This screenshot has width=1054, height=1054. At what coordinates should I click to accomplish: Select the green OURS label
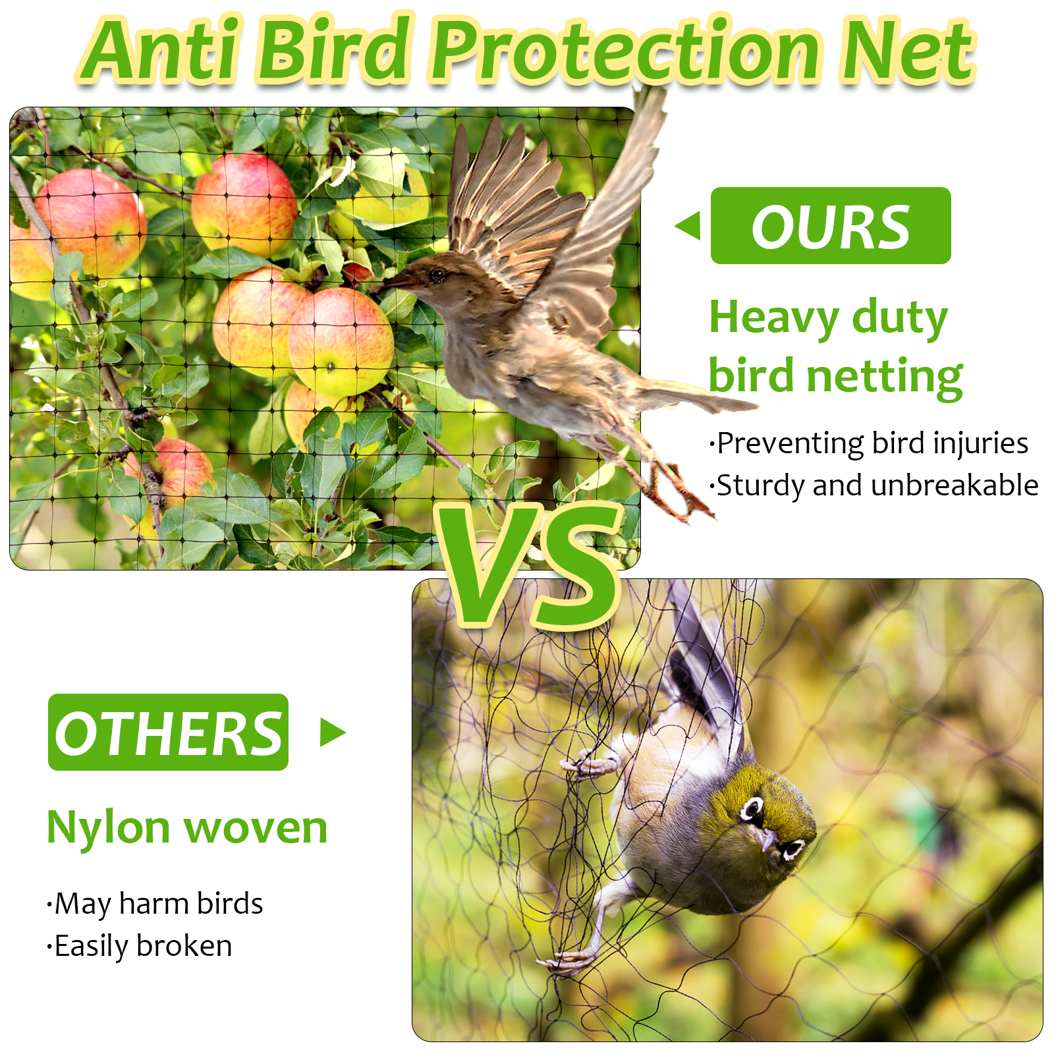point(831,226)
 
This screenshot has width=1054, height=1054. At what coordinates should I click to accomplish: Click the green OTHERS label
point(168,733)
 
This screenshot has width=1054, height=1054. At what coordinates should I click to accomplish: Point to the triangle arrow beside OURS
point(688,226)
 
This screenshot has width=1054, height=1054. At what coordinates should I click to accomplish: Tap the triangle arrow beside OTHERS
point(333,733)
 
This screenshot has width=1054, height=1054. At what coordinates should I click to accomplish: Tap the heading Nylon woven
point(187,827)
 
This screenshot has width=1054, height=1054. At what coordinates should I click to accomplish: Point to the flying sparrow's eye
point(437,275)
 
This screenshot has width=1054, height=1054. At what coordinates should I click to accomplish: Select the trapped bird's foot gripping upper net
point(588,763)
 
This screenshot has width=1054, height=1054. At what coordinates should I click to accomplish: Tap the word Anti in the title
point(162,50)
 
